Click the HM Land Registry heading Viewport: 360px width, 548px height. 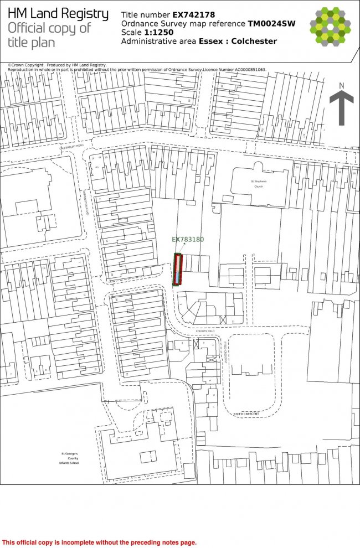point(58,14)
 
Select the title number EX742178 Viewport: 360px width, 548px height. point(190,15)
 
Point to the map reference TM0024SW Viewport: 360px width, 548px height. point(272,24)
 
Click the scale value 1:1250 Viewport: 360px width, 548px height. point(159,32)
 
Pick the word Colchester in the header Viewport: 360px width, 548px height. point(254,42)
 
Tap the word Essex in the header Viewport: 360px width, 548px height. point(212,42)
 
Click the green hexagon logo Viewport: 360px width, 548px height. point(330,25)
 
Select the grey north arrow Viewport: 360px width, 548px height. point(342,108)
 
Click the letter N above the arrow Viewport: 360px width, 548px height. point(342,85)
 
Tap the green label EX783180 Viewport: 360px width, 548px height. point(188,240)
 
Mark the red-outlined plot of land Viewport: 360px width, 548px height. point(177,270)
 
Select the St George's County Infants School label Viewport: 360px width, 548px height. point(70,458)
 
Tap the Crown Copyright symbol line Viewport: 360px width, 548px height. point(58,65)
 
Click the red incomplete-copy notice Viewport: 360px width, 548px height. point(100,542)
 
